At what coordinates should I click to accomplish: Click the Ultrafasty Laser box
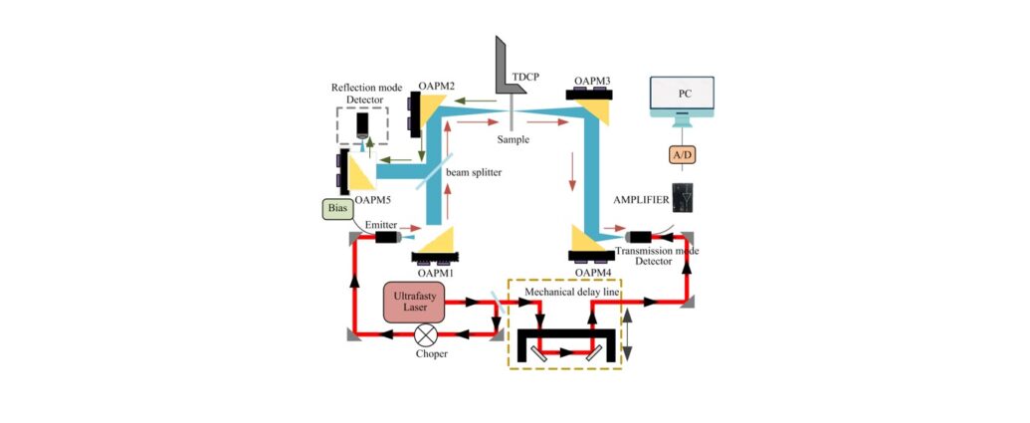413,303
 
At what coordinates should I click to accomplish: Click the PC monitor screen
681,94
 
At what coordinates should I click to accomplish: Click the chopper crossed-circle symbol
427,335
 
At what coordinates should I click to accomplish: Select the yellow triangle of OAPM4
588,239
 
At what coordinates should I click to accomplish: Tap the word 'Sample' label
513,140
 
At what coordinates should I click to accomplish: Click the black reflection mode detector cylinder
362,124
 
